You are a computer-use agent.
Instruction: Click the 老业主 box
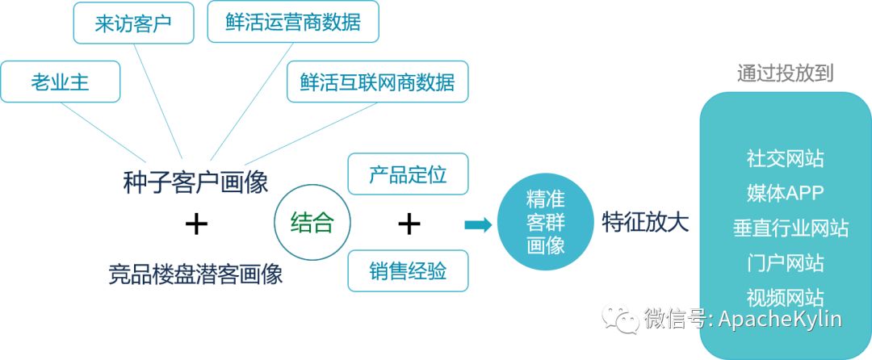pyautogui.click(x=61, y=82)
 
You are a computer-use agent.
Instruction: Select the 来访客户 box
pyautogui.click(x=133, y=23)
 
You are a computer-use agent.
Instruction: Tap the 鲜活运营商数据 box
pyautogui.click(x=292, y=23)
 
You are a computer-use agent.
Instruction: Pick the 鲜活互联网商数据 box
pyautogui.click(x=377, y=82)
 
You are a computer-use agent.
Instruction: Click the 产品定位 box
pyautogui.click(x=408, y=174)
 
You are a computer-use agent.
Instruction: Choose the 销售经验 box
pyautogui.click(x=408, y=270)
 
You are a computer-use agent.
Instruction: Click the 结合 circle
pyautogui.click(x=312, y=223)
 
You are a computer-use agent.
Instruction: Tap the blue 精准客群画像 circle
pyautogui.click(x=545, y=223)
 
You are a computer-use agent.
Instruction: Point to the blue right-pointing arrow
pyautogui.click(x=478, y=224)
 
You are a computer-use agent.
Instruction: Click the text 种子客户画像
pyautogui.click(x=195, y=182)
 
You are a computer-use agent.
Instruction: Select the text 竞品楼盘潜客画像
pyautogui.click(x=195, y=274)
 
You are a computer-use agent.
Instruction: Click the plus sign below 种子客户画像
pyautogui.click(x=196, y=224)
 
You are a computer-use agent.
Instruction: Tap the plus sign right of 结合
pyautogui.click(x=409, y=224)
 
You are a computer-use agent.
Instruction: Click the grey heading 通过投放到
pyautogui.click(x=785, y=73)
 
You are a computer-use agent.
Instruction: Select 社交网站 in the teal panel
pyautogui.click(x=785, y=158)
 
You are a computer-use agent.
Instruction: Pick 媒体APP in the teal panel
pyautogui.click(x=785, y=194)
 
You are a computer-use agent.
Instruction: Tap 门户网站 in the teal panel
pyautogui.click(x=785, y=263)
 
